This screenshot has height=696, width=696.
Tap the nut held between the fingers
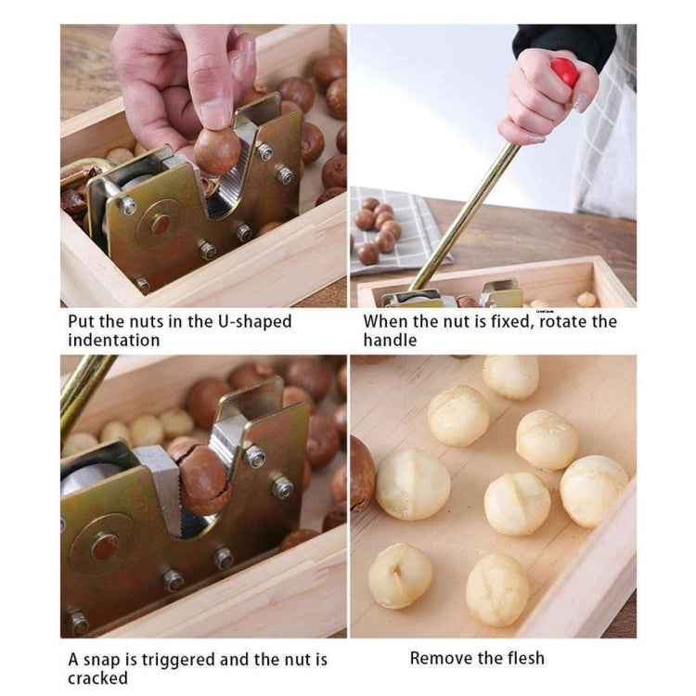[x=217, y=150]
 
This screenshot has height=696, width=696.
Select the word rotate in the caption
[x=557, y=321]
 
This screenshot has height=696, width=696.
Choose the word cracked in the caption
[x=97, y=678]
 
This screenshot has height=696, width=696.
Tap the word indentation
[x=113, y=340]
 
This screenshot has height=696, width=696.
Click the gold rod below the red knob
[x=464, y=213]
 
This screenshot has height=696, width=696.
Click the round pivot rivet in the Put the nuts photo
[x=161, y=224]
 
